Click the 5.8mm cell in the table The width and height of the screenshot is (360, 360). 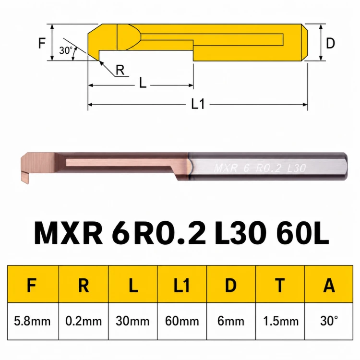[33, 321]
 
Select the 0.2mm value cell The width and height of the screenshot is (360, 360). [84, 321]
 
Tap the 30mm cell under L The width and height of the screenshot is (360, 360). [132, 321]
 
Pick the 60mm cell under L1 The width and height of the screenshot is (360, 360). [182, 321]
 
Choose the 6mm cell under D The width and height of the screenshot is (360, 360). [231, 321]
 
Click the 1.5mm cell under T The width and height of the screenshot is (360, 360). [280, 321]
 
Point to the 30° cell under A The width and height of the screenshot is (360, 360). [329, 321]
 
